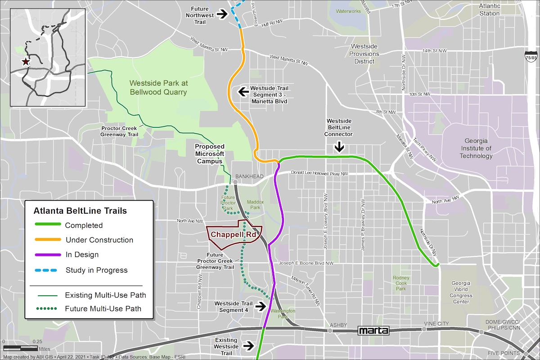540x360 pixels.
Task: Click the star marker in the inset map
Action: (26, 62)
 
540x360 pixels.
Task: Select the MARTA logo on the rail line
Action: (373, 331)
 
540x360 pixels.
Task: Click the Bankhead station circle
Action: (235, 182)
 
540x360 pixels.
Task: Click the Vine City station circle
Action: (424, 329)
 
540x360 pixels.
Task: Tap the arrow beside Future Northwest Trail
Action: (222, 14)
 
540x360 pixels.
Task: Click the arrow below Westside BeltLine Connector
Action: (340, 147)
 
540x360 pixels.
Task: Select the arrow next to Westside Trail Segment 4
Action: (260, 306)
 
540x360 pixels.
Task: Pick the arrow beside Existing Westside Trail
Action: (247, 346)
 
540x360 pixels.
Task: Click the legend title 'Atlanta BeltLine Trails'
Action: (80, 211)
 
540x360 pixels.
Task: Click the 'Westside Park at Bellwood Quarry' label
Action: (158, 88)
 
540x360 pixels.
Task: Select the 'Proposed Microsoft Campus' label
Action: (209, 154)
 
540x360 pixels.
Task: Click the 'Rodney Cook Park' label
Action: (401, 283)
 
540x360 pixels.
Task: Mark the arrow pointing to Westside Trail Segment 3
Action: (243, 92)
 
